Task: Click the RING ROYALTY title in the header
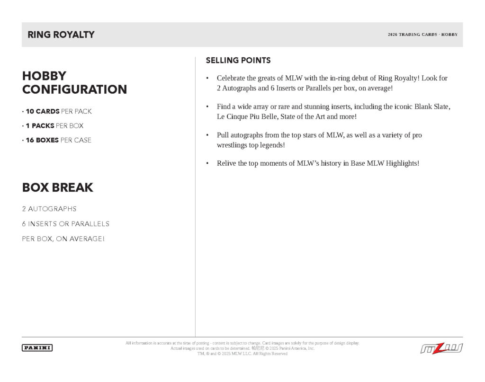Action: [x=61, y=35]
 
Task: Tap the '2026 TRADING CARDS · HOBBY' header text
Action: [x=422, y=35]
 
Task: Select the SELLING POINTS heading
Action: [x=238, y=61]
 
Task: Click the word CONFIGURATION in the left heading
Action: [x=74, y=89]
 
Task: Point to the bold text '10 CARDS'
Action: [x=43, y=112]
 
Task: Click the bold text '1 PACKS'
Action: [x=40, y=126]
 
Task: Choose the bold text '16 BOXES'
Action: [x=42, y=140]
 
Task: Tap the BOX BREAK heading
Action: [x=58, y=187]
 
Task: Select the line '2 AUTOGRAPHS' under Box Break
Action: [x=49, y=209]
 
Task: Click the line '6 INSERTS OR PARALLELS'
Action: [x=66, y=224]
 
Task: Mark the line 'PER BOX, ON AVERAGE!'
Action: [x=63, y=239]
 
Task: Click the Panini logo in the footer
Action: [x=37, y=348]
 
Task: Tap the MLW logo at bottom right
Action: [x=441, y=348]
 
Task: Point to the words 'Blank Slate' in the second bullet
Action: [x=432, y=107]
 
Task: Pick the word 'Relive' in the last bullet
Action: [x=226, y=163]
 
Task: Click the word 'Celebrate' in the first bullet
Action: [x=231, y=78]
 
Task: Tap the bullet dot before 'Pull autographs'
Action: [x=207, y=135]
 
